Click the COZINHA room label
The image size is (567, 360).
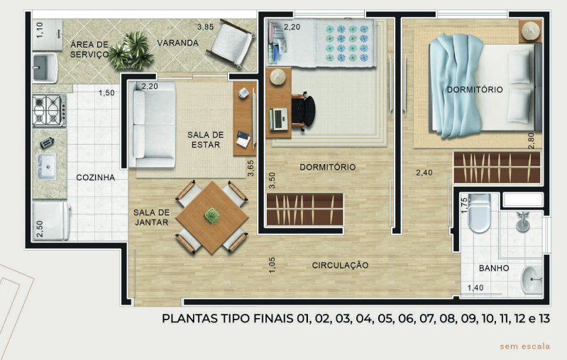pos(95,178)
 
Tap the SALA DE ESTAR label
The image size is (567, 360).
pos(205,139)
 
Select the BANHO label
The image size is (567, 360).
pos(493,268)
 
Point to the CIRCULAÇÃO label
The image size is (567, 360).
pos(340,265)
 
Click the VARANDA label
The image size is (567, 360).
pos(177,43)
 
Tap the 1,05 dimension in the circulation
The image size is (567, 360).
pos(272,264)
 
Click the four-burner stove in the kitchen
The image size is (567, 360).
pos(49,111)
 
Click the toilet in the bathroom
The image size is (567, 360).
pos(480,212)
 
